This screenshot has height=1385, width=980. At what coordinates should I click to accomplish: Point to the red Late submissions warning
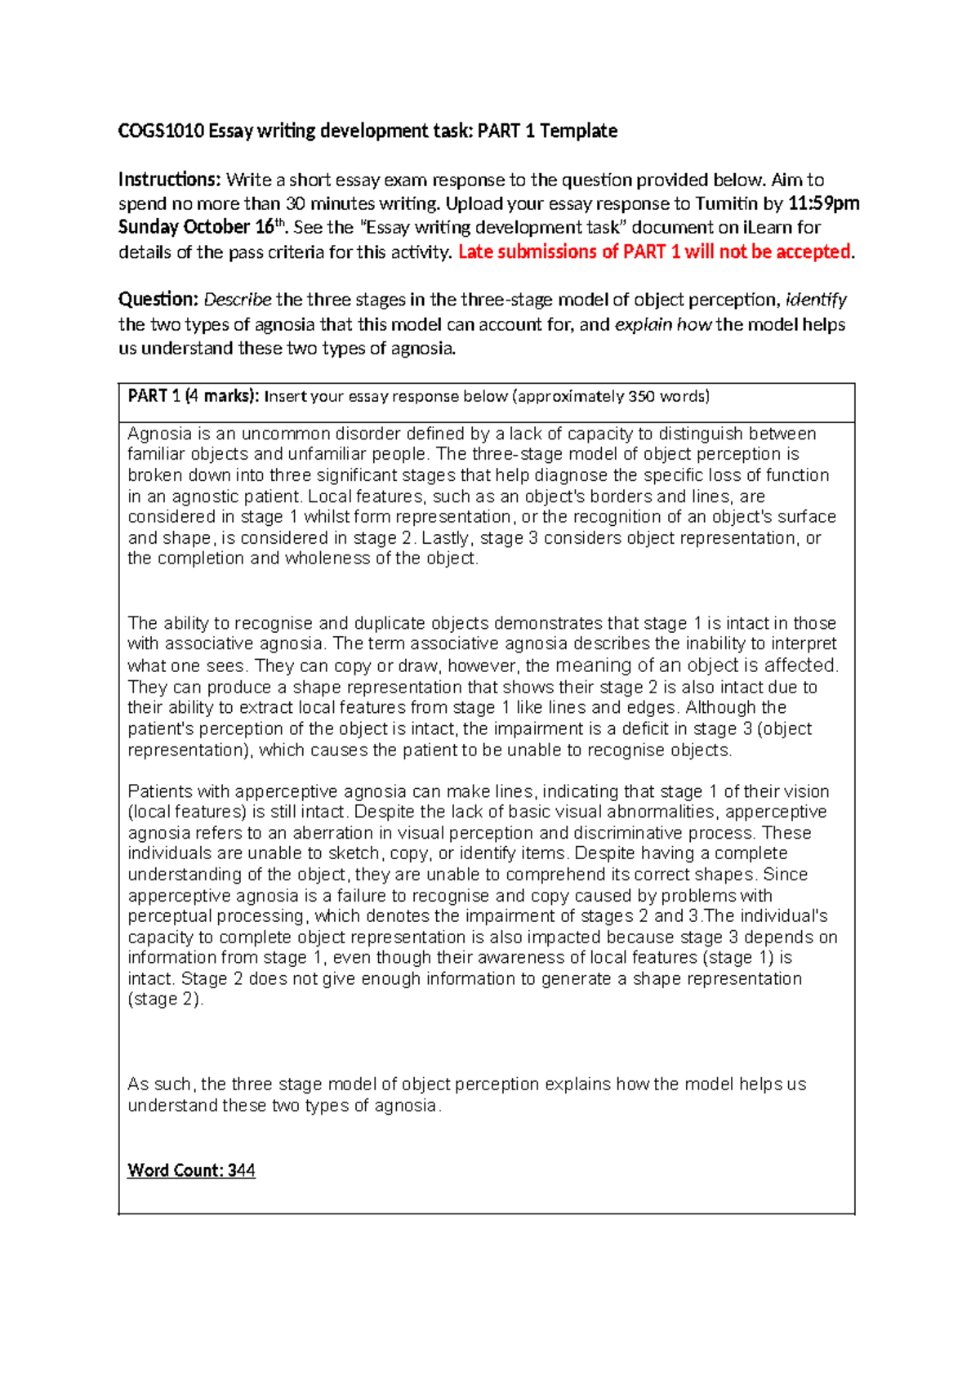coord(653,252)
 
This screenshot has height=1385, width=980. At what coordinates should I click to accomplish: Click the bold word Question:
coord(158,300)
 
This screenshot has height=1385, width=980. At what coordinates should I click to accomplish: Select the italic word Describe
coord(237,300)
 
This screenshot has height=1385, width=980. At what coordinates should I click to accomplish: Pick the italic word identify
coord(815,300)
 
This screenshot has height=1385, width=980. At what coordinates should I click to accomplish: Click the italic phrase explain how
coord(662,324)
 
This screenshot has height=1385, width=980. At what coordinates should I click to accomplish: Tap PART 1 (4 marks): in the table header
coord(193,396)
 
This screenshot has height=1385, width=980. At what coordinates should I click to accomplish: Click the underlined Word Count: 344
coord(191,1170)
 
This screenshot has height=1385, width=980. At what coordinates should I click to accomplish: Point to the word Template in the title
coord(578,131)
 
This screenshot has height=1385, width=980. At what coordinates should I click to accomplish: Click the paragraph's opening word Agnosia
coord(159,434)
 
